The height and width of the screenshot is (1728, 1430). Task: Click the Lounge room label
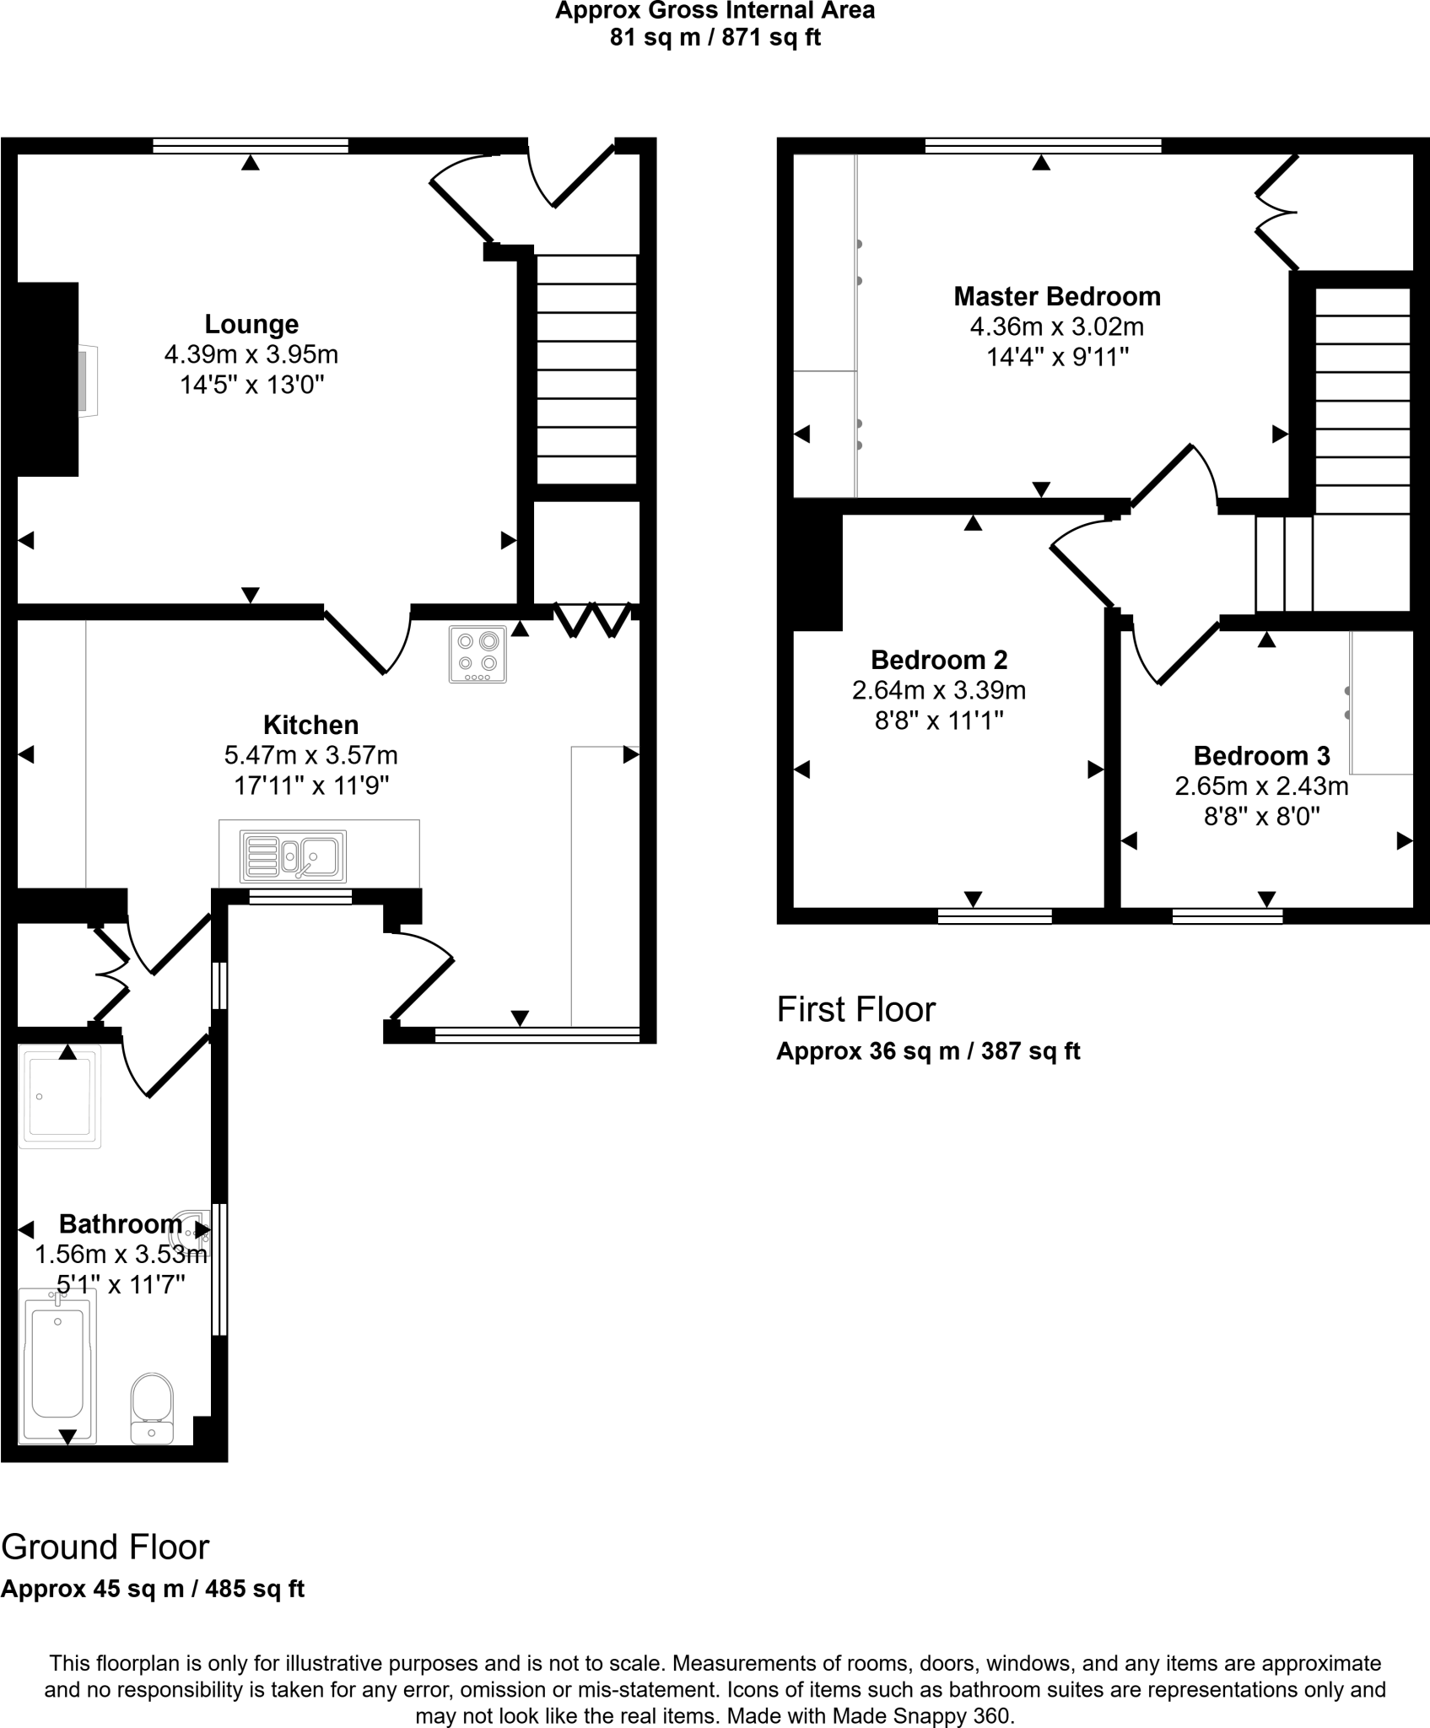[x=251, y=324]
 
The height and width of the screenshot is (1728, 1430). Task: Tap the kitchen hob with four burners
[x=478, y=654]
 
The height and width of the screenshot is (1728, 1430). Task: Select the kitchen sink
[x=293, y=856]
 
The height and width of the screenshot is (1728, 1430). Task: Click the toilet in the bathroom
[x=153, y=1408]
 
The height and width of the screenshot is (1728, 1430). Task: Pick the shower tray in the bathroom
[x=59, y=1096]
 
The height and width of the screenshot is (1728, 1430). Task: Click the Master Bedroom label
[x=1056, y=297]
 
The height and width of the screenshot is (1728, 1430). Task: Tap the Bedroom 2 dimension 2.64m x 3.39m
[x=938, y=690]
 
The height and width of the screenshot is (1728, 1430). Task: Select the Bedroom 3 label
[x=1261, y=755]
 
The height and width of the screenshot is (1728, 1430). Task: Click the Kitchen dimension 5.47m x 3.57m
[x=310, y=754]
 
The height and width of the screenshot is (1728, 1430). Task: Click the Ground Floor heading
[x=105, y=1547]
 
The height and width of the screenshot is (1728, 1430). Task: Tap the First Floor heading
[x=855, y=1009]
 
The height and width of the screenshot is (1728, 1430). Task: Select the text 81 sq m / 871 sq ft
[x=715, y=38]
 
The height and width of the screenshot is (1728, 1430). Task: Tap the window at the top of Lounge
[x=251, y=146]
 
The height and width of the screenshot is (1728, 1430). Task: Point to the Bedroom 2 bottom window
[x=995, y=916]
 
